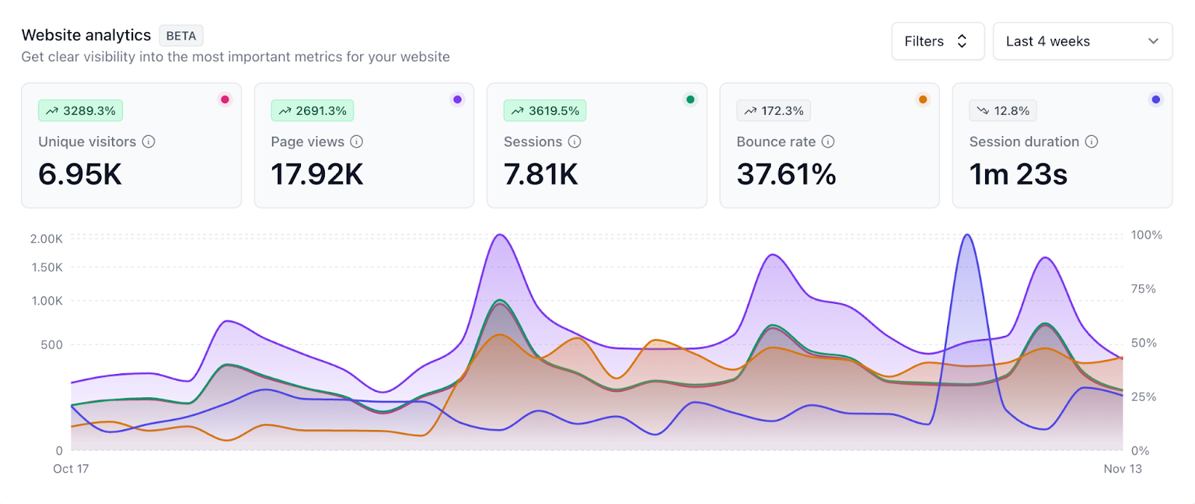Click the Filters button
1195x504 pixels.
937,41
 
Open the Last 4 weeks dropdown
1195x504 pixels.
1082,41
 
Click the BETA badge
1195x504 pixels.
181,36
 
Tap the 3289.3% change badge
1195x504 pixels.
81,111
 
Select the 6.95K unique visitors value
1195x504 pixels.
80,175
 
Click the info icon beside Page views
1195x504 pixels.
357,142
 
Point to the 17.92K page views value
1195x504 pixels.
317,175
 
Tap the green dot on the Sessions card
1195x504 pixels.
690,99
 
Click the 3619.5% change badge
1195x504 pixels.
545,111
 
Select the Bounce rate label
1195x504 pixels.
776,142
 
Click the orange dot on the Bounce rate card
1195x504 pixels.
923,99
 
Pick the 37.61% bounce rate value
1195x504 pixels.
786,175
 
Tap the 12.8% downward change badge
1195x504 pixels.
1003,111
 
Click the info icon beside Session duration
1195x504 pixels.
1092,142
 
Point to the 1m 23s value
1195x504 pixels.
1018,175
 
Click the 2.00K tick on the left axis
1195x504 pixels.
46,239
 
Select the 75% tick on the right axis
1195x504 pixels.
1143,289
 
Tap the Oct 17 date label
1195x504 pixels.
71,469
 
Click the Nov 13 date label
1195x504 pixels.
1123,469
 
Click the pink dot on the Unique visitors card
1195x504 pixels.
225,99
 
